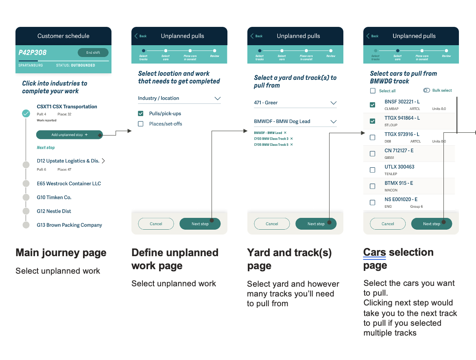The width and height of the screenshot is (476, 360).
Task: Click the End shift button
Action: [93, 53]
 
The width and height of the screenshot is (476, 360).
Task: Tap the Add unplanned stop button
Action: [69, 135]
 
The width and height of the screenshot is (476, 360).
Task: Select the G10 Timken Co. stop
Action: [54, 198]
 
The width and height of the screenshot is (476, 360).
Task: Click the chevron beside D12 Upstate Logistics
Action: [103, 161]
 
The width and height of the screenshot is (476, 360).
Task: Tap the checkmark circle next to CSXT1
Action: [26, 114]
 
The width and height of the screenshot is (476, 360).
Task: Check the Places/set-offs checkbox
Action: [141, 124]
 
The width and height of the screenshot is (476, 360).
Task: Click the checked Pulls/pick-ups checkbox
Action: [141, 114]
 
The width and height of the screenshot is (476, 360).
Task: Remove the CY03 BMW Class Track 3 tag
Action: [291, 139]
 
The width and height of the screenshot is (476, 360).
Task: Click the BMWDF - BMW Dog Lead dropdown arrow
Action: [333, 122]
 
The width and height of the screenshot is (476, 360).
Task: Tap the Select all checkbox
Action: [373, 91]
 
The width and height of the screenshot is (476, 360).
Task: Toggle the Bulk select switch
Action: [426, 90]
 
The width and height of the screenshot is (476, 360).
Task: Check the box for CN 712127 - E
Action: [372, 154]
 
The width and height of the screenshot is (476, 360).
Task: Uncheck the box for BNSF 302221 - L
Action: [372, 105]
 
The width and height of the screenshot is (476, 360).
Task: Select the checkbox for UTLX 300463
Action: [372, 170]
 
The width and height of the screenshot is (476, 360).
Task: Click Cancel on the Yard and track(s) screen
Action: [272, 224]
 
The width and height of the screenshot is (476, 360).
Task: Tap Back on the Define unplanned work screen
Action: [141, 36]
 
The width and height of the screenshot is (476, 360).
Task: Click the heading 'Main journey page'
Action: [61, 253]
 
